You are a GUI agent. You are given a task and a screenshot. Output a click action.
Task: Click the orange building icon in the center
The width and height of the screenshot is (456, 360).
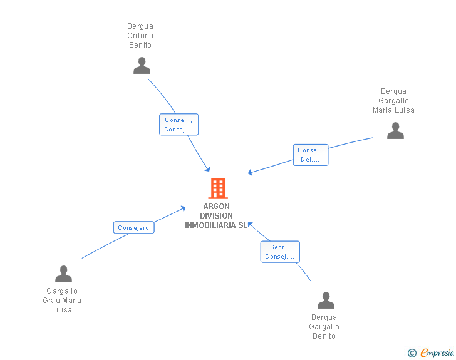(x=217, y=188)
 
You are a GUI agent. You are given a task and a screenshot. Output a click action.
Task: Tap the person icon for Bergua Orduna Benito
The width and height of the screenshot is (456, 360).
(x=142, y=66)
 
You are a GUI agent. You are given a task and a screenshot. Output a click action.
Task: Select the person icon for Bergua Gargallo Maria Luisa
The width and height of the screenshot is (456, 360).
(x=395, y=131)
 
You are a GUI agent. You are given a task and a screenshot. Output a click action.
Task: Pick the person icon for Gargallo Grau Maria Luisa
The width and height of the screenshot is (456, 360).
(x=63, y=274)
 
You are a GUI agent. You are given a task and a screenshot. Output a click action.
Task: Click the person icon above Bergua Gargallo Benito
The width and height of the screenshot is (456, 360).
(x=326, y=301)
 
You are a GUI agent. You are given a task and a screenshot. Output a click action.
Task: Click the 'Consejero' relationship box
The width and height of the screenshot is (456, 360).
(x=133, y=227)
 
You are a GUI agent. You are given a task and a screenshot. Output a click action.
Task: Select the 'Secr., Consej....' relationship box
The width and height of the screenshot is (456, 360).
(x=280, y=252)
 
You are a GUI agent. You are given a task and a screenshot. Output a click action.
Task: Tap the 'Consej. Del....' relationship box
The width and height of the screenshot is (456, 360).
(x=310, y=155)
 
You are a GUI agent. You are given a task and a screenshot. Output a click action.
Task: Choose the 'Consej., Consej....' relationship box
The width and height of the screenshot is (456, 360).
(x=179, y=125)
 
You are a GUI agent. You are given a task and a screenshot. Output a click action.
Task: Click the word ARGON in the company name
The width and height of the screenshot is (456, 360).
(x=216, y=207)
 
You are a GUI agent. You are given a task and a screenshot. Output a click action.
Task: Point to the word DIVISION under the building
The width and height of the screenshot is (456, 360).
(x=216, y=216)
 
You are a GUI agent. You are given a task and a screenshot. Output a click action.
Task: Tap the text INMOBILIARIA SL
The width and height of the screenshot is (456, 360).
(x=216, y=225)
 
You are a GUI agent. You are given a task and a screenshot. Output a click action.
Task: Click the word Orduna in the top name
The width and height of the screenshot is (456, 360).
(x=140, y=36)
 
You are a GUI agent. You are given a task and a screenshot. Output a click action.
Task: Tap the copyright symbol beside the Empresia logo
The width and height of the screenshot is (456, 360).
(x=412, y=353)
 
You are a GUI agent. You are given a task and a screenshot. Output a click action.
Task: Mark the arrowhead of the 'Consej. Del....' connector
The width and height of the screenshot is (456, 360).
(x=251, y=172)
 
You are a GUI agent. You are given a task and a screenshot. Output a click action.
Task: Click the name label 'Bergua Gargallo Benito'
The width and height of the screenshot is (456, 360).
(x=324, y=327)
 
